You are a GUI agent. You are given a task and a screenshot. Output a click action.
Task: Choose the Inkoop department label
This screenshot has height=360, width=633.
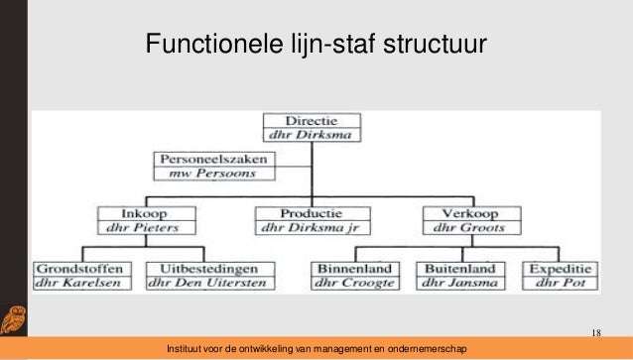[137, 211]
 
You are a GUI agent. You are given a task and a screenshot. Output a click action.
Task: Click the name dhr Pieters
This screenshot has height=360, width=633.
[137, 227]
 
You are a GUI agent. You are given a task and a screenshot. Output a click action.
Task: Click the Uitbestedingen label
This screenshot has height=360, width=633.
[204, 267]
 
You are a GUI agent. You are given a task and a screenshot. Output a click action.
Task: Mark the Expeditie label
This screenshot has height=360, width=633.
[562, 267]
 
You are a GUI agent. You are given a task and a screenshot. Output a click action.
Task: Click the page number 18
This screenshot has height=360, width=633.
[596, 331]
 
